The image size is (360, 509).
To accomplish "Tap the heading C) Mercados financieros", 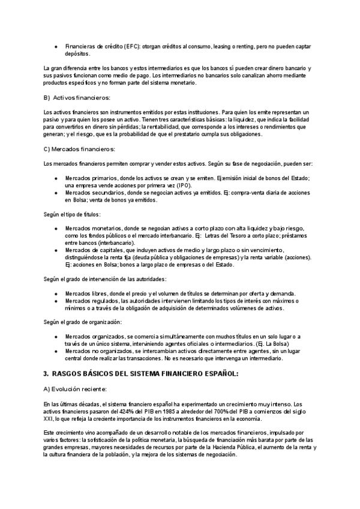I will pyautogui.click(x=80, y=149).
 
